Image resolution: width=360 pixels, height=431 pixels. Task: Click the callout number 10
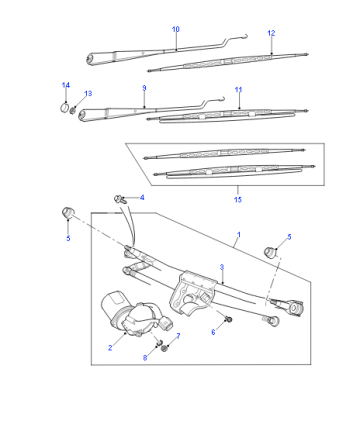[176, 29]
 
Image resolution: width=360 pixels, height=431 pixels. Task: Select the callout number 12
[271, 33]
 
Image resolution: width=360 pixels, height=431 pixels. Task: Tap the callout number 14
[66, 85]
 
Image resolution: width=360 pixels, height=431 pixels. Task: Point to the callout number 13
[88, 94]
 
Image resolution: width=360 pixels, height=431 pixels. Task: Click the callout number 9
[144, 88]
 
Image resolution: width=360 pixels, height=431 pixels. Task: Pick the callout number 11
[238, 90]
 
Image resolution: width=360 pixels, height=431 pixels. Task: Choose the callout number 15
[238, 200]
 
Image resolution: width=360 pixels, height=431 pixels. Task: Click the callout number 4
[142, 198]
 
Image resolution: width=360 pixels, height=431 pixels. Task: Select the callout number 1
[239, 235]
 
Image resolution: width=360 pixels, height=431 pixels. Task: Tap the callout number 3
[222, 267]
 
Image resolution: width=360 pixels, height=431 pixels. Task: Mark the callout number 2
[110, 348]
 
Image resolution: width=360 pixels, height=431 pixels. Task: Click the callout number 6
[213, 332]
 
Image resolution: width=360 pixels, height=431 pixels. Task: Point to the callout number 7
[178, 336]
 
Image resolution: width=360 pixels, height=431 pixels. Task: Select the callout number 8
[145, 358]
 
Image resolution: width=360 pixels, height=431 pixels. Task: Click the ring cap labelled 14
[65, 108]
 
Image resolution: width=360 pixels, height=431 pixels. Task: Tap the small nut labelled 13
[73, 110]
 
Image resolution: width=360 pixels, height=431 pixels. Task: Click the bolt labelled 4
[120, 199]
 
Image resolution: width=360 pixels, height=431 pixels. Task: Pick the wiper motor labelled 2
[133, 313]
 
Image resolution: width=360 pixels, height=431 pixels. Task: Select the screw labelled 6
[229, 319]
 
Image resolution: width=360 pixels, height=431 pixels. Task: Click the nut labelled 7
[164, 349]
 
